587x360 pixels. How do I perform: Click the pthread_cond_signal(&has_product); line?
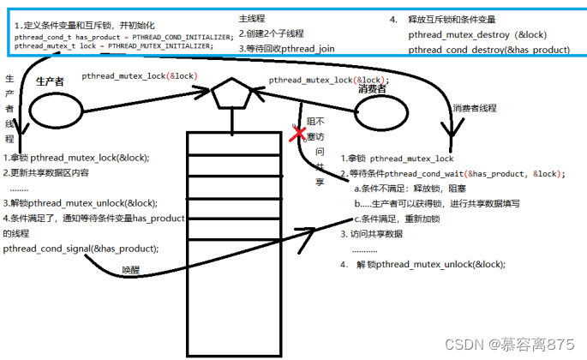pos(81,249)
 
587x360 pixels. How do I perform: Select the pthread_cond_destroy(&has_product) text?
pos(488,50)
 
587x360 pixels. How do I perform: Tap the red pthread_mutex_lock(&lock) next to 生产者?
pos(140,76)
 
